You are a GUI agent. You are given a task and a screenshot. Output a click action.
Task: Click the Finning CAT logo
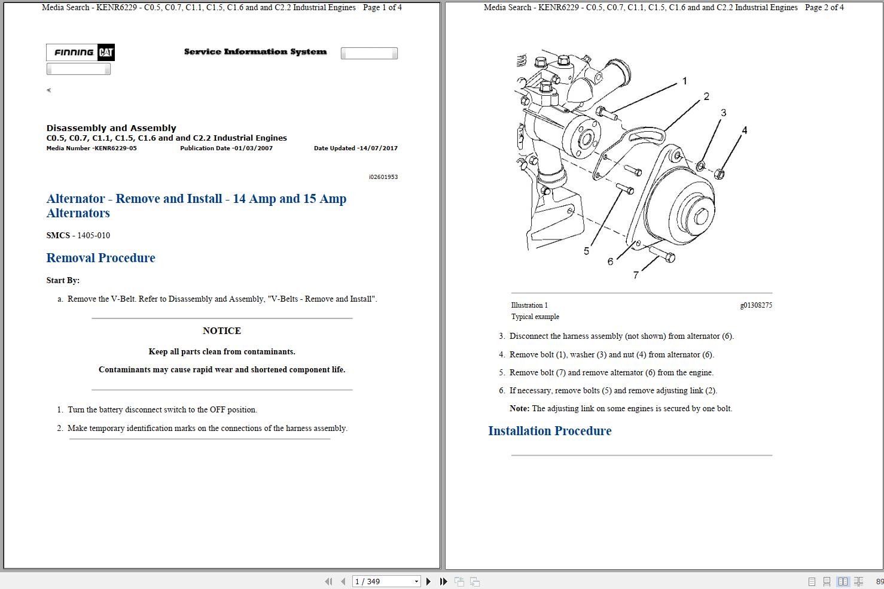tap(80, 53)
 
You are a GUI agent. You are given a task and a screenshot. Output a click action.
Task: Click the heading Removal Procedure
tap(100, 258)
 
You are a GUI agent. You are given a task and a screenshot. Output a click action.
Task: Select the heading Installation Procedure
tap(549, 431)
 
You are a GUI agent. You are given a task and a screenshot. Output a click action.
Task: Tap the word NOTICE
tap(221, 330)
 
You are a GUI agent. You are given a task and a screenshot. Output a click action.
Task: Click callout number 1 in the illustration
tap(684, 81)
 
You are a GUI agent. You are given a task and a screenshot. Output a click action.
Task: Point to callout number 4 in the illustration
tap(744, 130)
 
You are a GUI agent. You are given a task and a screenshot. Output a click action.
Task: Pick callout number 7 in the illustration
tap(636, 275)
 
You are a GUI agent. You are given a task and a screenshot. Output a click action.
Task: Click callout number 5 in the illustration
tap(586, 251)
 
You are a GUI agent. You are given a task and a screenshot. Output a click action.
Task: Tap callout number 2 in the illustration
tap(706, 96)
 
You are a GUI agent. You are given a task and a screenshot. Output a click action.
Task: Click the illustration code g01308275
tap(755, 305)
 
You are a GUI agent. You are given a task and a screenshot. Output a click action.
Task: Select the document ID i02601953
tap(383, 177)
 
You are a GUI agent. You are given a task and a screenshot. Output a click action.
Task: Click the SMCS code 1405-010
tap(93, 235)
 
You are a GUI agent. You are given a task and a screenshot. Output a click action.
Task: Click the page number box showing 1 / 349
tap(386, 581)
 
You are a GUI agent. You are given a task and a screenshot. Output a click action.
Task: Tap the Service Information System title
tap(255, 52)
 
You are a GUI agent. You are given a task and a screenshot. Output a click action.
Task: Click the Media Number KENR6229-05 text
tap(92, 148)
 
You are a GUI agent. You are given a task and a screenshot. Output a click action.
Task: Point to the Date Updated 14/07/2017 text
tap(355, 148)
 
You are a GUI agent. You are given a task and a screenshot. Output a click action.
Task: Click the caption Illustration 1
tap(529, 305)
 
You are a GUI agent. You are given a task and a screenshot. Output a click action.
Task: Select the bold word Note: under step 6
tap(519, 409)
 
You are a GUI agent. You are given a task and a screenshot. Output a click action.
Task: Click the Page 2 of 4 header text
tap(824, 8)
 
